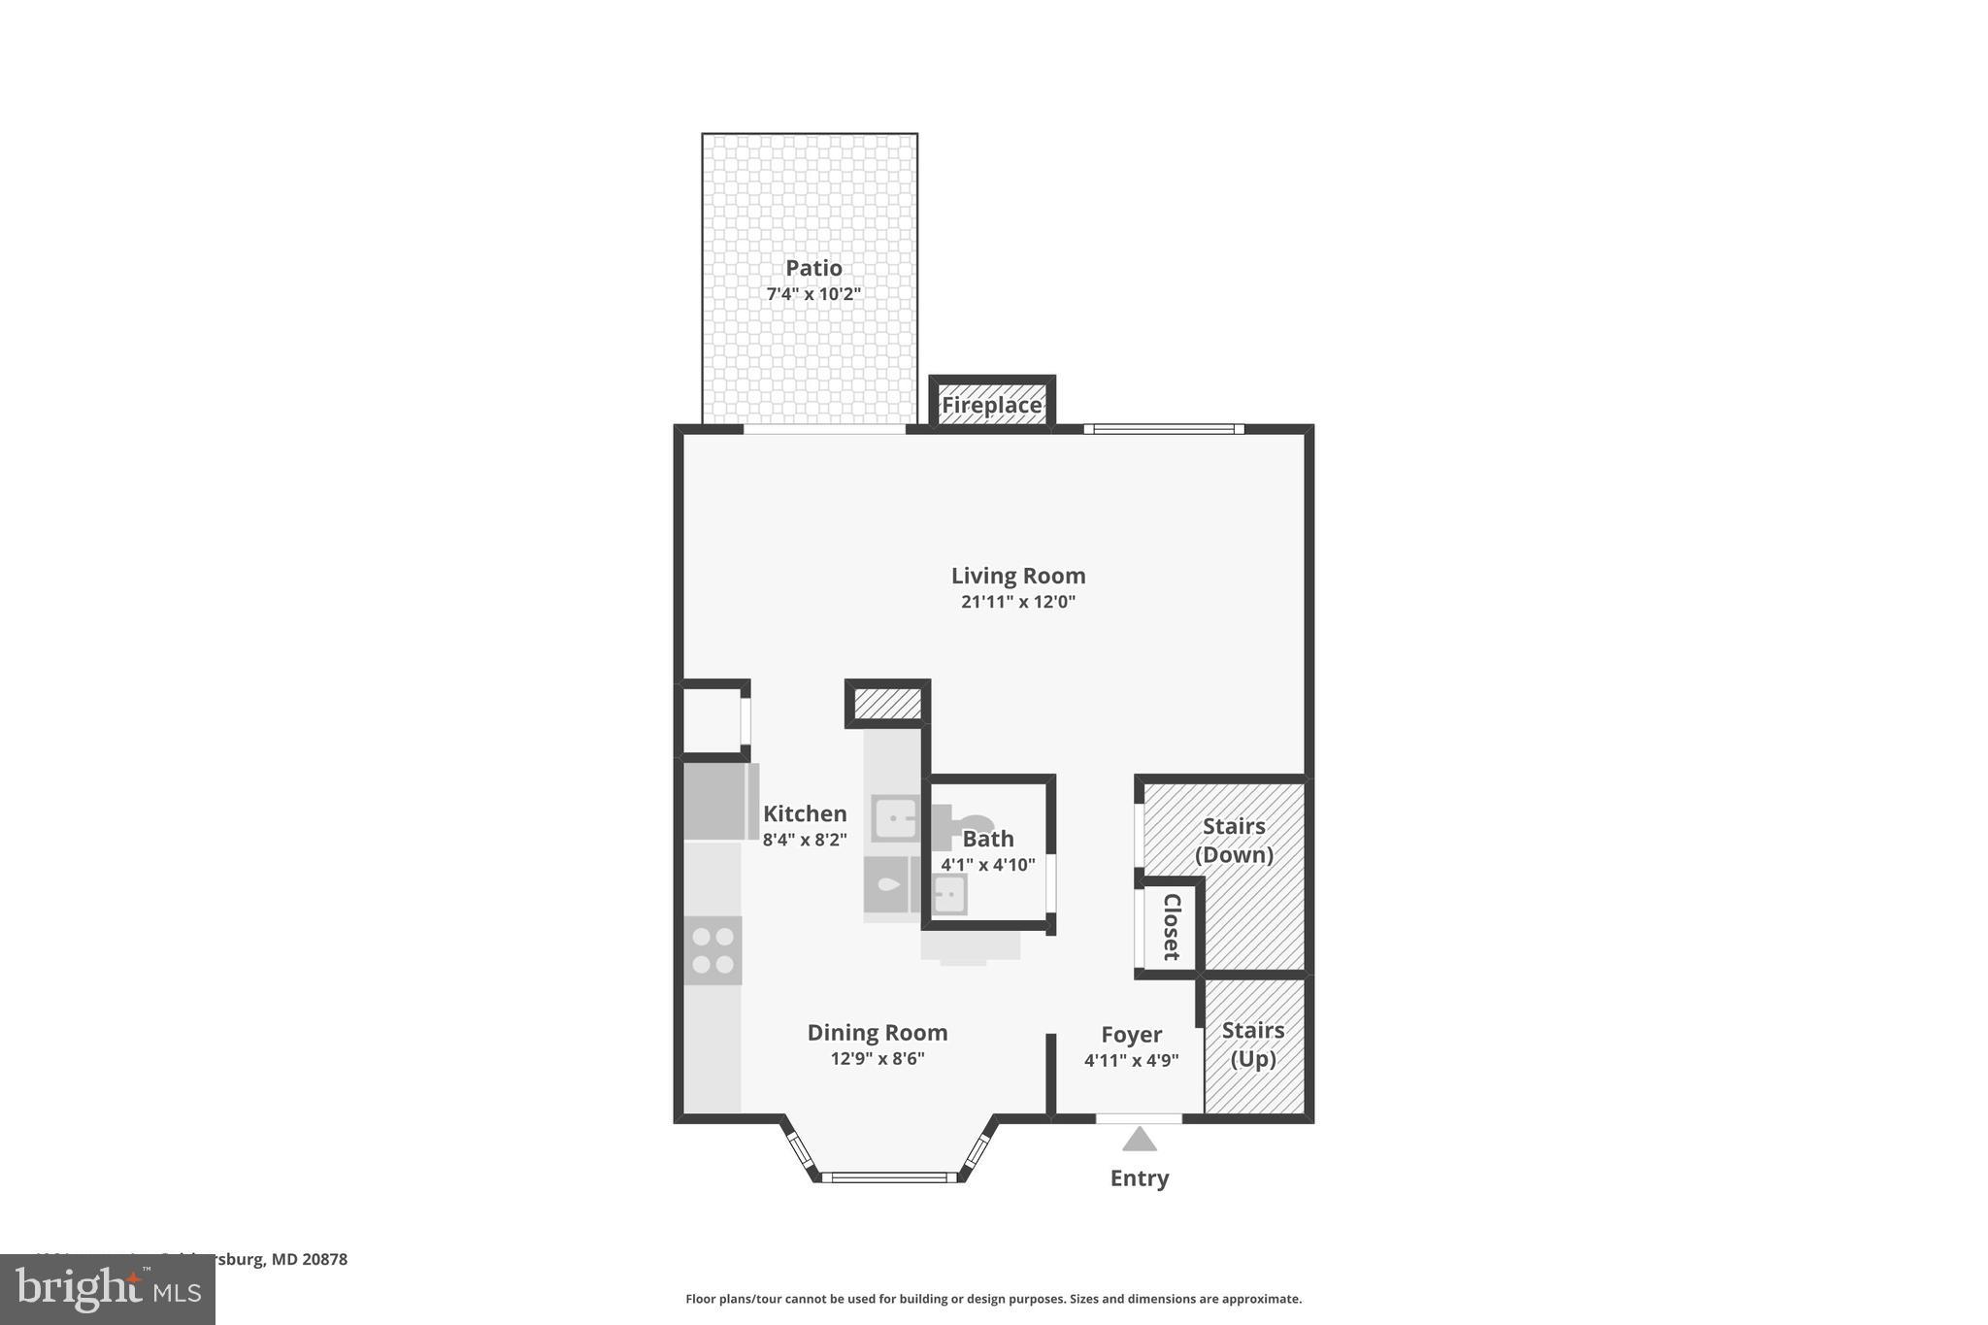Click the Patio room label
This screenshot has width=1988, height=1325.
point(813,268)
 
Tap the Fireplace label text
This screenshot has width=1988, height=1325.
point(991,405)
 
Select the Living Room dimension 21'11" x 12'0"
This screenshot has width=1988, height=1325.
point(1017,602)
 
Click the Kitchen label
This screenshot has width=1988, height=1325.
point(804,813)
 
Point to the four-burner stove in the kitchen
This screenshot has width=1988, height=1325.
point(712,950)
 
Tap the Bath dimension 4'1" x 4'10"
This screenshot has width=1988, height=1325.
point(987,864)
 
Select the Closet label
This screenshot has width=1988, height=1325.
point(1172,926)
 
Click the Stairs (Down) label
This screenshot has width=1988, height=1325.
point(1234,840)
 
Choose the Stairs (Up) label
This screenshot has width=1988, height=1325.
point(1252,1043)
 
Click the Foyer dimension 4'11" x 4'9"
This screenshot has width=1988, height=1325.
point(1131,1061)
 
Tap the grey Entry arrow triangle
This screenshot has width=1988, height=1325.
point(1139,1140)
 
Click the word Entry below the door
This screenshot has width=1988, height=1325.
point(1139,1177)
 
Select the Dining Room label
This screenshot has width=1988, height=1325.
point(877,1033)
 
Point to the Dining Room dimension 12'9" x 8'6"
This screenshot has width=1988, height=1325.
point(877,1059)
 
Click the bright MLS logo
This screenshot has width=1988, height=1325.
point(108,1289)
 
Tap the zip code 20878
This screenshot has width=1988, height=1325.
point(324,1259)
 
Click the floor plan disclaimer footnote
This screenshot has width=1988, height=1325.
point(993,1299)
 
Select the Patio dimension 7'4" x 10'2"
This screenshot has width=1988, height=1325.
point(813,294)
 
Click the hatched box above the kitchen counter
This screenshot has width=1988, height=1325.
point(887,704)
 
